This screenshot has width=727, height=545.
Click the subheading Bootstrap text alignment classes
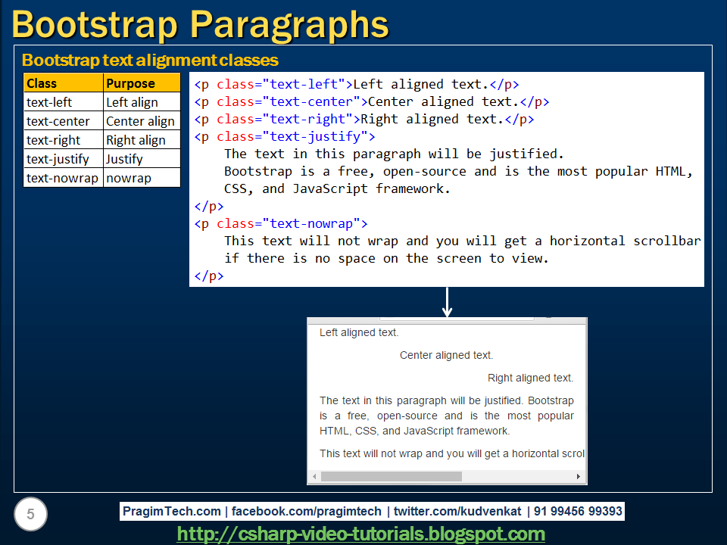pyautogui.click(x=150, y=60)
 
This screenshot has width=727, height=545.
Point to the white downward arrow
pyautogui.click(x=447, y=303)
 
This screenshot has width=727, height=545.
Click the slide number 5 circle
pyautogui.click(x=30, y=515)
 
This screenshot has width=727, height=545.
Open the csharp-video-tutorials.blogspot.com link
pyautogui.click(x=361, y=534)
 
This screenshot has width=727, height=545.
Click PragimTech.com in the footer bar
pyautogui.click(x=173, y=511)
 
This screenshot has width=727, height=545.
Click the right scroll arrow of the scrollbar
pyautogui.click(x=579, y=477)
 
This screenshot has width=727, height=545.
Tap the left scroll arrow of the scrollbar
pyautogui.click(x=314, y=477)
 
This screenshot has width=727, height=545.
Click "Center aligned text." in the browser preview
pyautogui.click(x=446, y=355)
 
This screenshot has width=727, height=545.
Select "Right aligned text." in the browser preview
pyautogui.click(x=530, y=378)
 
